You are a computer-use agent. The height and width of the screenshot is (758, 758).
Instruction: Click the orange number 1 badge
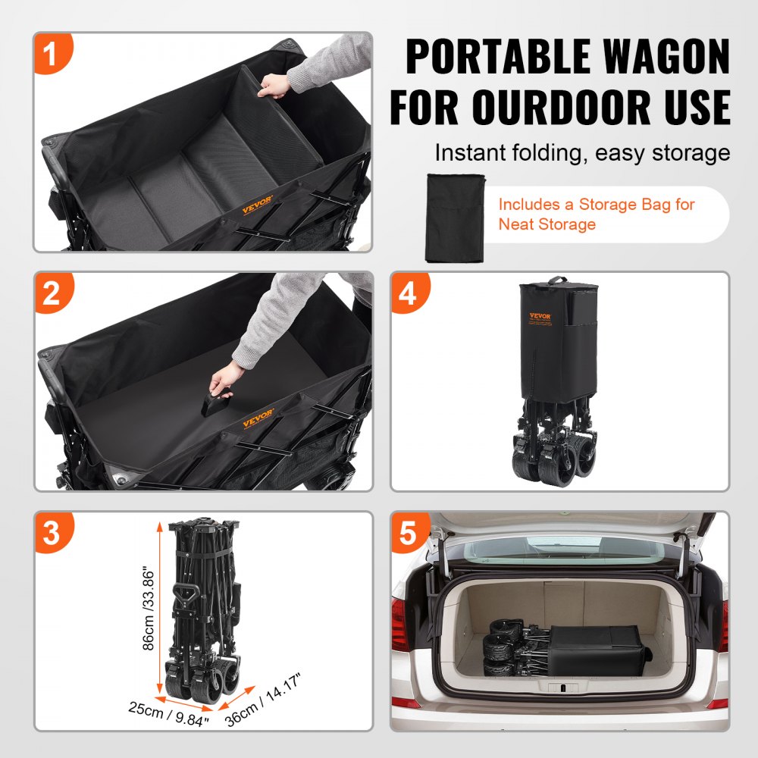(x=51, y=55)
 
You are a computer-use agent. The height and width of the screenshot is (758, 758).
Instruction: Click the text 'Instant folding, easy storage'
(x=581, y=153)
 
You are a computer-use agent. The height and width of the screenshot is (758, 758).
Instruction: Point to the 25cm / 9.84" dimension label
(x=169, y=715)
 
